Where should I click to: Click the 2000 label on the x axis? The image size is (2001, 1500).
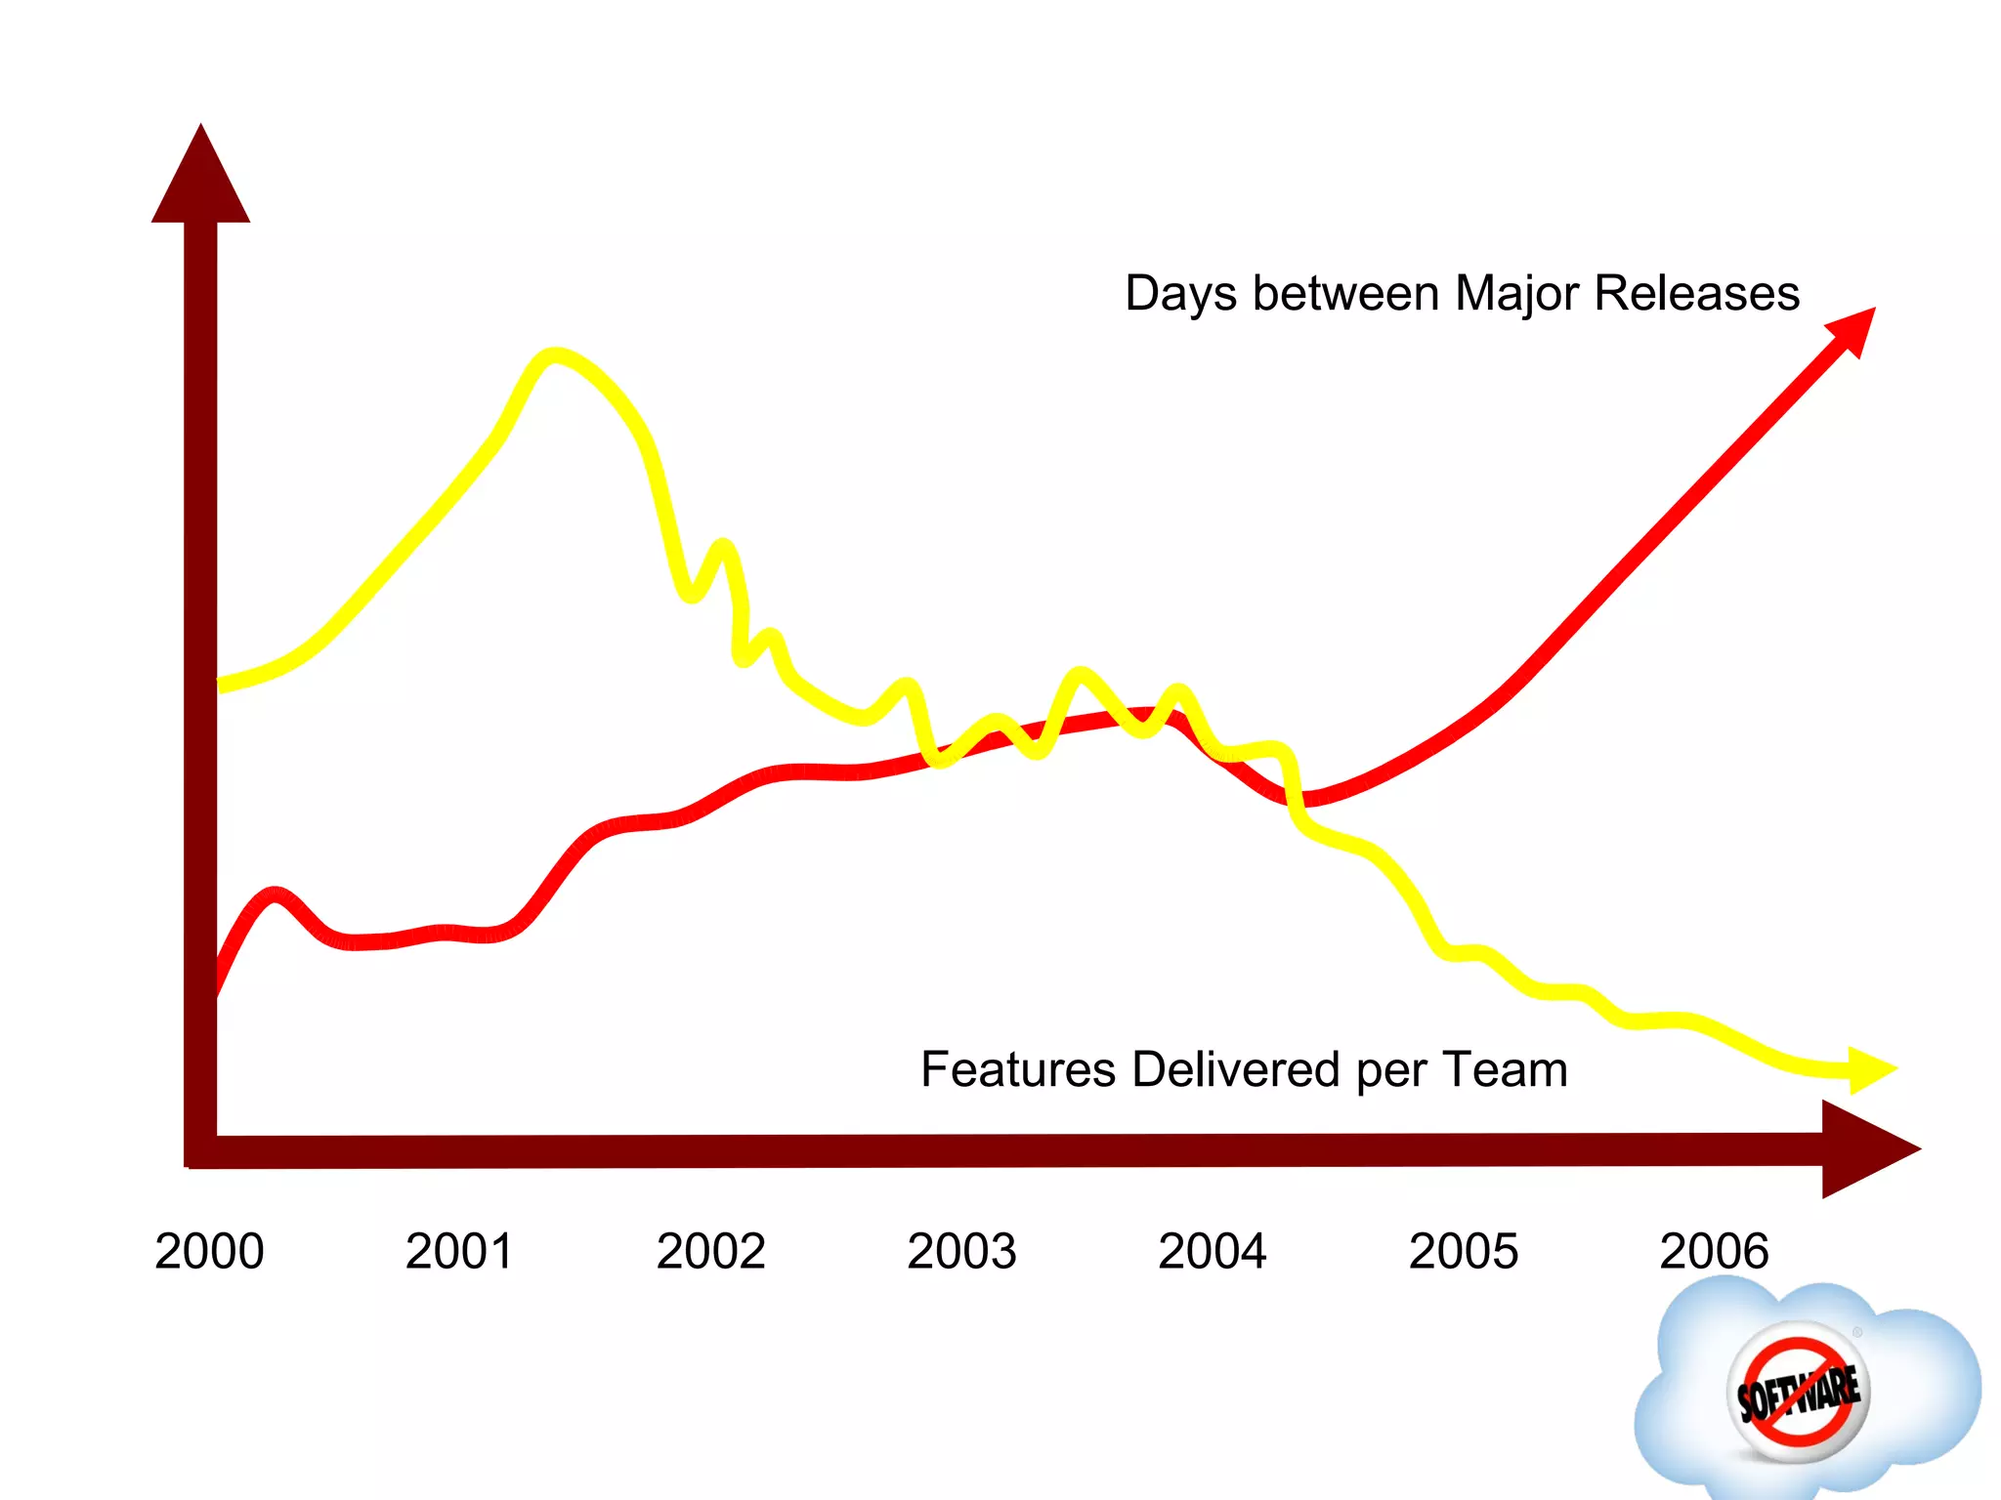pos(209,1251)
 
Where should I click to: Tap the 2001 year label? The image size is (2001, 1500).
pos(459,1251)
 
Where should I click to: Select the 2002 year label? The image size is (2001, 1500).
pos(710,1251)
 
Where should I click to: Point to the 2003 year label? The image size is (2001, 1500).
pos(961,1251)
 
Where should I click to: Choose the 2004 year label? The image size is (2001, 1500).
pos(1212,1251)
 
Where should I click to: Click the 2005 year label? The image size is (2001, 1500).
pos(1463,1251)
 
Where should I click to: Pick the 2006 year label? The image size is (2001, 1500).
pos(1714,1251)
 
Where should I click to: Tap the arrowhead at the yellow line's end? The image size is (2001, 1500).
pos(1870,1070)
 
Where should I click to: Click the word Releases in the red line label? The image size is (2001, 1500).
pos(1696,293)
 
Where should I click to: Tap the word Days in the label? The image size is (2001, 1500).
pos(1180,294)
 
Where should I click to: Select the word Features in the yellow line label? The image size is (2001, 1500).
pos(1017,1069)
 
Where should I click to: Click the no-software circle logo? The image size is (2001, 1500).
pos(1798,1393)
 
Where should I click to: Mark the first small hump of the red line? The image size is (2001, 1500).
pos(276,895)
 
